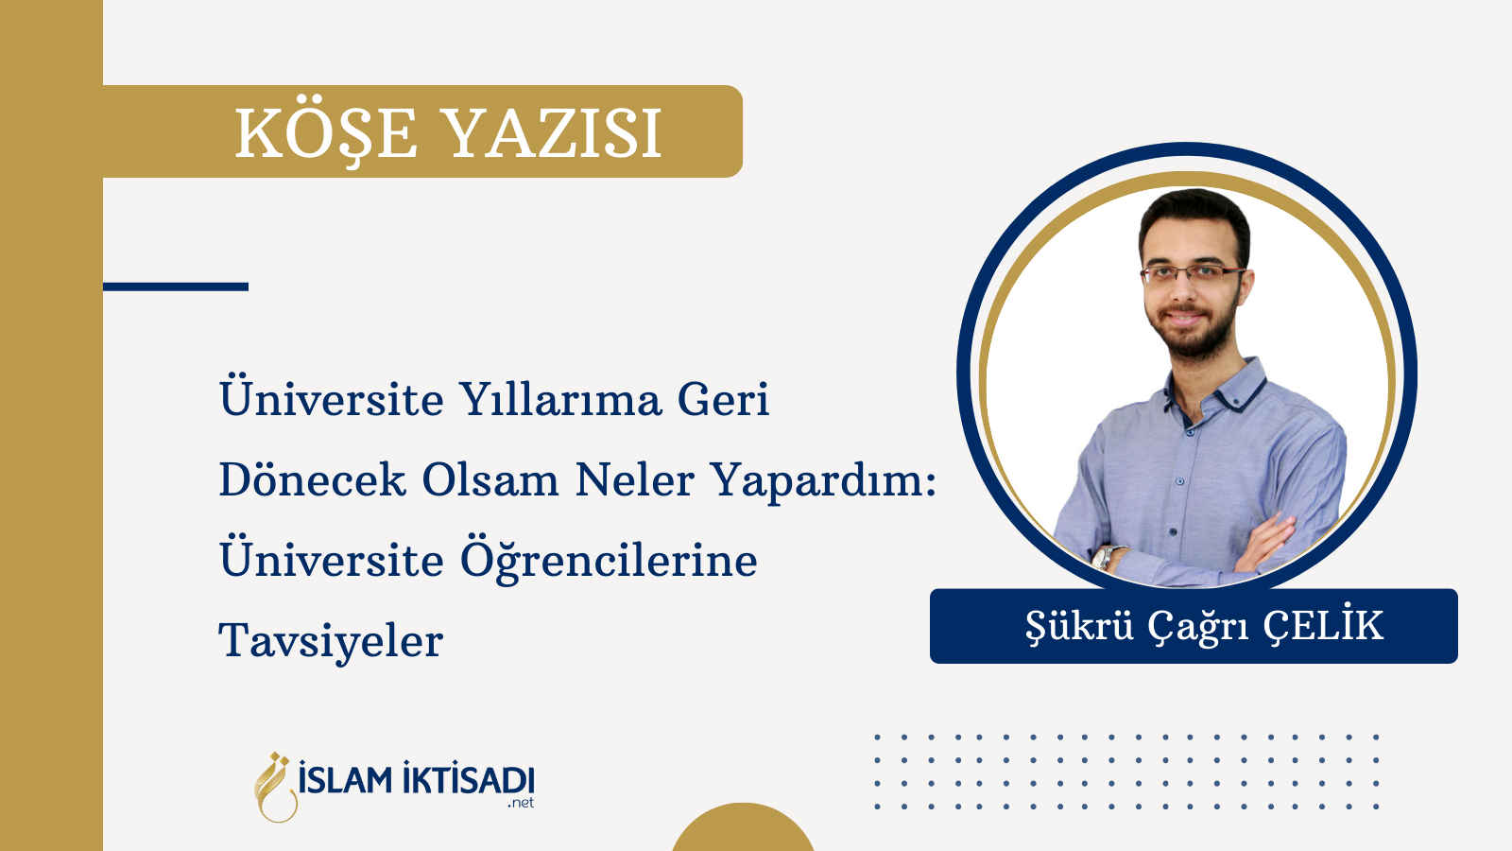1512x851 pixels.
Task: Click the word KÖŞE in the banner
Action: [327, 133]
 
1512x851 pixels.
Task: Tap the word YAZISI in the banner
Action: [554, 133]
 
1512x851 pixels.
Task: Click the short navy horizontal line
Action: [176, 287]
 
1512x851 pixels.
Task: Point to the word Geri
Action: [723, 399]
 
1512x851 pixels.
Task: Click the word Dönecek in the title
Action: [312, 480]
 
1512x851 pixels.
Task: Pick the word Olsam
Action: [490, 480]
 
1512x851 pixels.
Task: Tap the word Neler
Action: [634, 480]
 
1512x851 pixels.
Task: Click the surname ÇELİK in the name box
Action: [1324, 626]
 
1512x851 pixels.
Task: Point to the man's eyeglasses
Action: [1193, 273]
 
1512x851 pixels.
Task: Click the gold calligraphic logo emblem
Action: [275, 787]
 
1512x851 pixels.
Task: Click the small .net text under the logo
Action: [521, 803]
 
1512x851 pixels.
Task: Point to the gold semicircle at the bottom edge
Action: [743, 829]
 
